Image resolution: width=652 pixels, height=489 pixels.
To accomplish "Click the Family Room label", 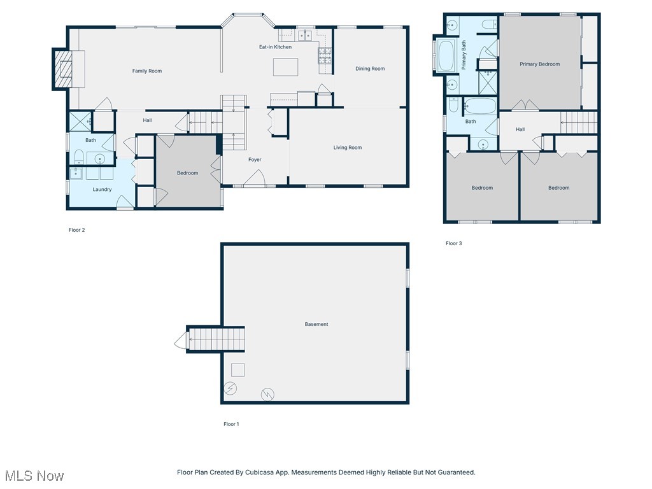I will pyautogui.click(x=147, y=71).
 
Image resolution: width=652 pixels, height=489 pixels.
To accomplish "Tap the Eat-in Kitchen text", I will pyautogui.click(x=275, y=47).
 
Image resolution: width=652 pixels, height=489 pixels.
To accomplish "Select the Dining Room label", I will pyautogui.click(x=370, y=69).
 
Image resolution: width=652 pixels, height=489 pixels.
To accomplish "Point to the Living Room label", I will pyautogui.click(x=348, y=148).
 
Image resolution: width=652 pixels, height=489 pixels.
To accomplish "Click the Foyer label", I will pyautogui.click(x=255, y=160).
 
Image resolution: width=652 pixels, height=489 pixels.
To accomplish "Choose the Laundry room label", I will pyautogui.click(x=102, y=189).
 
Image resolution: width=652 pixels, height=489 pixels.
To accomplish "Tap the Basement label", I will pyautogui.click(x=316, y=324).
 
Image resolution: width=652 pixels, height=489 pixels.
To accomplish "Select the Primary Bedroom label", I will pyautogui.click(x=539, y=64).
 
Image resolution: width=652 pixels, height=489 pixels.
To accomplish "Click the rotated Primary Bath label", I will pyautogui.click(x=464, y=55).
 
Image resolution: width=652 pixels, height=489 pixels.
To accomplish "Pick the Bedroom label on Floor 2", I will pyautogui.click(x=187, y=173).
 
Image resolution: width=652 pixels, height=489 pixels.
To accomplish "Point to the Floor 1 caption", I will pyautogui.click(x=231, y=424).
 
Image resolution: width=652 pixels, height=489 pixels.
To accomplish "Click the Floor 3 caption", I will pyautogui.click(x=453, y=243).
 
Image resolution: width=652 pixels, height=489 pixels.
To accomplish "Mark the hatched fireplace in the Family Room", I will pyautogui.click(x=64, y=68).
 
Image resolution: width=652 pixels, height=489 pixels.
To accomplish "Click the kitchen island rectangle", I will pyautogui.click(x=285, y=67).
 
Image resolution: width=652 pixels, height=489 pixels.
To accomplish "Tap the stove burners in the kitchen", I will pyautogui.click(x=324, y=57).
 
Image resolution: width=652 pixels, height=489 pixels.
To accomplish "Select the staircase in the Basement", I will pyautogui.click(x=216, y=339).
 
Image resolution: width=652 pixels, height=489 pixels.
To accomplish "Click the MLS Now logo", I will pyautogui.click(x=34, y=476).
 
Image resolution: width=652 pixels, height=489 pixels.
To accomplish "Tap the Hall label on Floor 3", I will pyautogui.click(x=520, y=129).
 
